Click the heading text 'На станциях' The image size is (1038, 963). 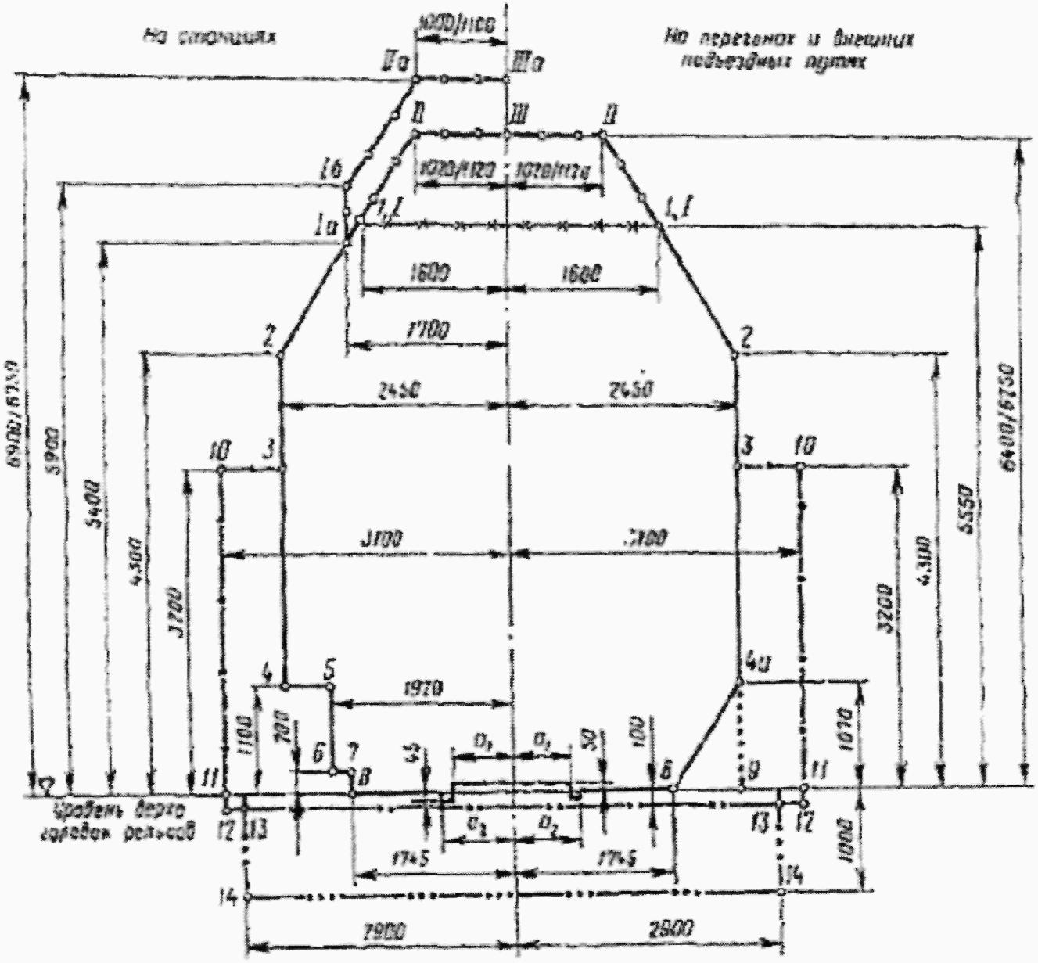pyautogui.click(x=210, y=37)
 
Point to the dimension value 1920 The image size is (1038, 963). pyautogui.click(x=426, y=689)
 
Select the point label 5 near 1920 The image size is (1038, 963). pyautogui.click(x=329, y=670)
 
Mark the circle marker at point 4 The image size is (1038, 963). pyautogui.click(x=285, y=686)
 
